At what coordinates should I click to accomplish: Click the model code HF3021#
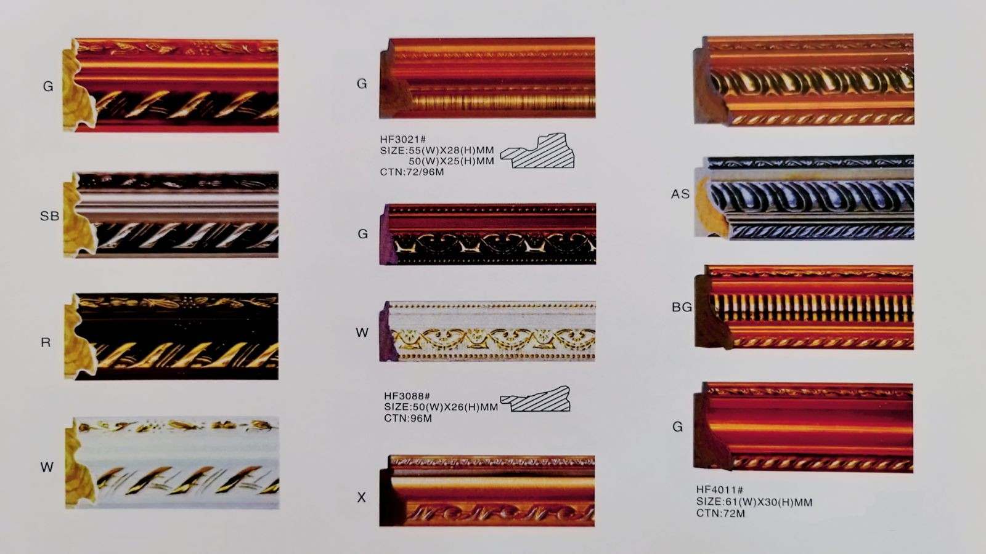(403, 139)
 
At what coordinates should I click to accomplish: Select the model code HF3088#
(407, 396)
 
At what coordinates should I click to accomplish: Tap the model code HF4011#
(720, 490)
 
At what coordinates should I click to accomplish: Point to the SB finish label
(50, 216)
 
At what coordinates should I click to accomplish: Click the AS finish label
(680, 194)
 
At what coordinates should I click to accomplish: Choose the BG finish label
(682, 307)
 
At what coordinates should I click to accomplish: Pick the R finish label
(46, 342)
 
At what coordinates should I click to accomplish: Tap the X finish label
(361, 497)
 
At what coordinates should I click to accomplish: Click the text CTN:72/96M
(412, 172)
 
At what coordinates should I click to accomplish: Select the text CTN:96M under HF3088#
(407, 418)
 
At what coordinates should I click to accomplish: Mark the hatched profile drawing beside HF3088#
(536, 399)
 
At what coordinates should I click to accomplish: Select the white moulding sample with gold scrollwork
(487, 332)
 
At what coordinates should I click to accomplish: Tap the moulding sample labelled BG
(804, 307)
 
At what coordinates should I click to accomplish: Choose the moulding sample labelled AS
(804, 198)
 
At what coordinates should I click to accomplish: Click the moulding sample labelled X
(487, 491)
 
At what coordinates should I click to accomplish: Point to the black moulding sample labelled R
(171, 336)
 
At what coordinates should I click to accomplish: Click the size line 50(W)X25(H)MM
(451, 161)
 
